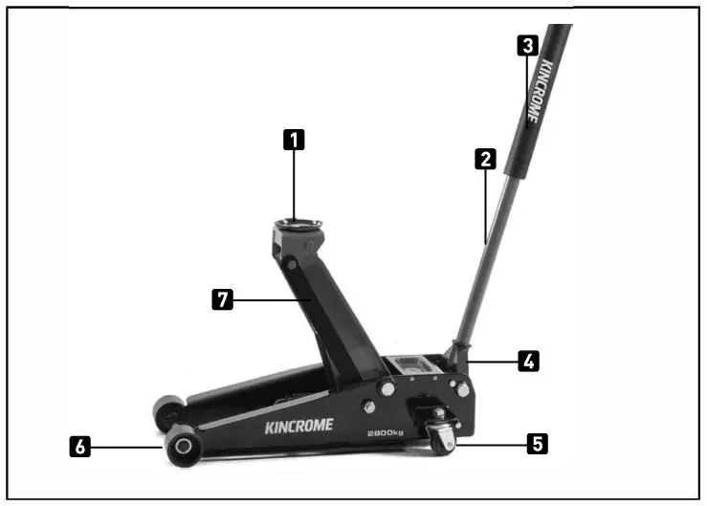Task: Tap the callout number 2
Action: tap(486, 159)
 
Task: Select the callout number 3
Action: tap(526, 44)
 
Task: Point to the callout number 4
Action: tap(528, 361)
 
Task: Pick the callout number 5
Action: tap(539, 443)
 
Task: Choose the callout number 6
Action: tap(83, 446)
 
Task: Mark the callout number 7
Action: tap(221, 299)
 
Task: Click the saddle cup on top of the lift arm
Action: tap(297, 226)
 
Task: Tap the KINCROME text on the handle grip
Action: tap(540, 92)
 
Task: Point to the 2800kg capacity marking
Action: tap(387, 432)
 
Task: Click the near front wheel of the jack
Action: tap(183, 446)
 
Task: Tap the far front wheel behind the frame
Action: tap(166, 413)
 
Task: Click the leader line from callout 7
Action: tap(273, 300)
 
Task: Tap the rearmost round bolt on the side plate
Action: tap(463, 389)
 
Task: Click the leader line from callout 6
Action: tap(129, 446)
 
